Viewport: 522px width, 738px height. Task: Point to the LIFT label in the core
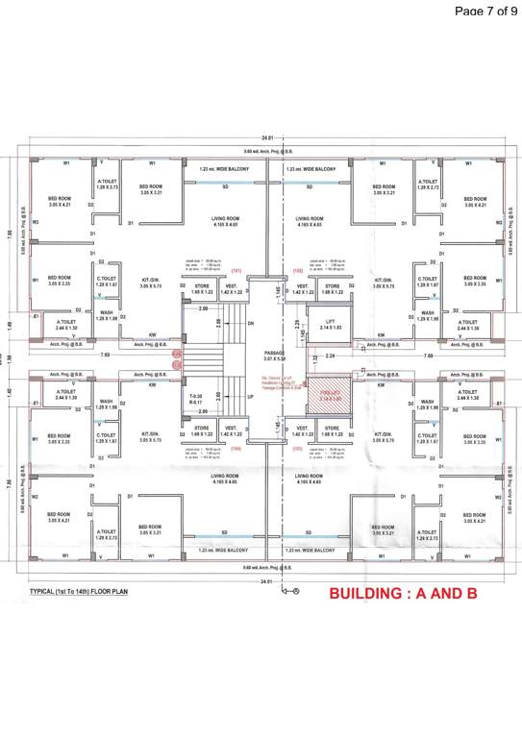click(330, 324)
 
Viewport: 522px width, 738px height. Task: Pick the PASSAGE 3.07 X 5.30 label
click(276, 356)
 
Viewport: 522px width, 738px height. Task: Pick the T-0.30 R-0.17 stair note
click(195, 399)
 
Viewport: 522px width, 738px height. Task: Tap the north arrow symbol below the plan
click(292, 590)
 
